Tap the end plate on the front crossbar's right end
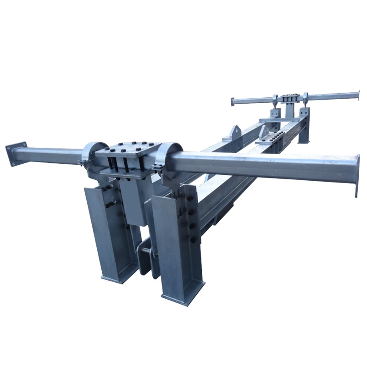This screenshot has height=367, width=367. click(356, 176)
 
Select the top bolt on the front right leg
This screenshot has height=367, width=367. click(189, 198)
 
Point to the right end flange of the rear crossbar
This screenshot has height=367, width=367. click(357, 94)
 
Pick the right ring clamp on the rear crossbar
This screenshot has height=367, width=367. click(305, 98)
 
